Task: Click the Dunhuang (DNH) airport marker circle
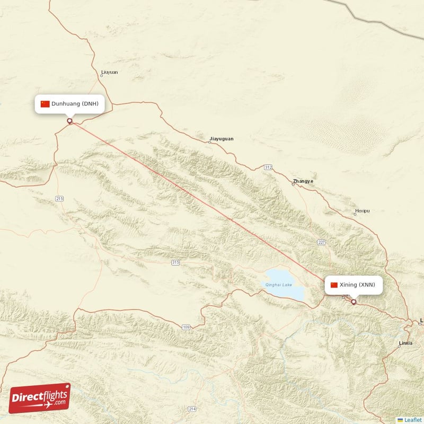click(x=69, y=121)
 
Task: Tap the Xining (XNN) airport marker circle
click(x=354, y=302)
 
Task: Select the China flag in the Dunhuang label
click(x=45, y=104)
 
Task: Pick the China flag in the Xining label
click(x=334, y=285)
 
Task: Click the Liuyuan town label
click(x=109, y=72)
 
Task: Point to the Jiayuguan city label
click(x=221, y=139)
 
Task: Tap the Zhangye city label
click(x=303, y=181)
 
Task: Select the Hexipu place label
click(x=363, y=211)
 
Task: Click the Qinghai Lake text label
click(x=279, y=285)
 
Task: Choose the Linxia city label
click(x=405, y=343)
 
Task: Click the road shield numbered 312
click(x=268, y=167)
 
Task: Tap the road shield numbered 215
click(x=59, y=199)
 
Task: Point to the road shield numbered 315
click(x=175, y=262)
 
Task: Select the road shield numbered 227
click(x=321, y=243)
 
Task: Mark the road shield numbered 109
click(x=185, y=328)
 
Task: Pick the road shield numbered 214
click(x=192, y=409)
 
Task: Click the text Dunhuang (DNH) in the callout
click(x=75, y=104)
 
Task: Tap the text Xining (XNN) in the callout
click(x=357, y=285)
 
